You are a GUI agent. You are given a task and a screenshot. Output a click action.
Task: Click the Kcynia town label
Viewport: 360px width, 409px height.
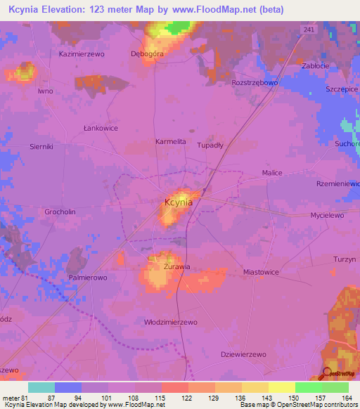pos(178,202)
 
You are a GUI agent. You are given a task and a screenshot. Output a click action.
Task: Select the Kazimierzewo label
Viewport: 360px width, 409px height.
pos(82,53)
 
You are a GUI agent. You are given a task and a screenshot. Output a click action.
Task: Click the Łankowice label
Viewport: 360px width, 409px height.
pos(98,128)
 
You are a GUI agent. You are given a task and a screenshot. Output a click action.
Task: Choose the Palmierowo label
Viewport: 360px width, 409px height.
pos(87,278)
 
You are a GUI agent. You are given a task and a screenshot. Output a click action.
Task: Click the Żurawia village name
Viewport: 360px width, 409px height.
pos(177,267)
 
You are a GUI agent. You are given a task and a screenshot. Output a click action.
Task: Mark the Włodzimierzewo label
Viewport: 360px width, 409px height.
pos(169,321)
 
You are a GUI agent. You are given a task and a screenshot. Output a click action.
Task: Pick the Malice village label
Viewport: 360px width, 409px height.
pos(272,173)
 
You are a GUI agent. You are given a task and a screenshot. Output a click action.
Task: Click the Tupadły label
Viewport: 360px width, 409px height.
pos(210,143)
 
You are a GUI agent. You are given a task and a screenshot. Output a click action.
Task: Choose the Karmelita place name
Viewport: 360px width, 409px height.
pos(171,141)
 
